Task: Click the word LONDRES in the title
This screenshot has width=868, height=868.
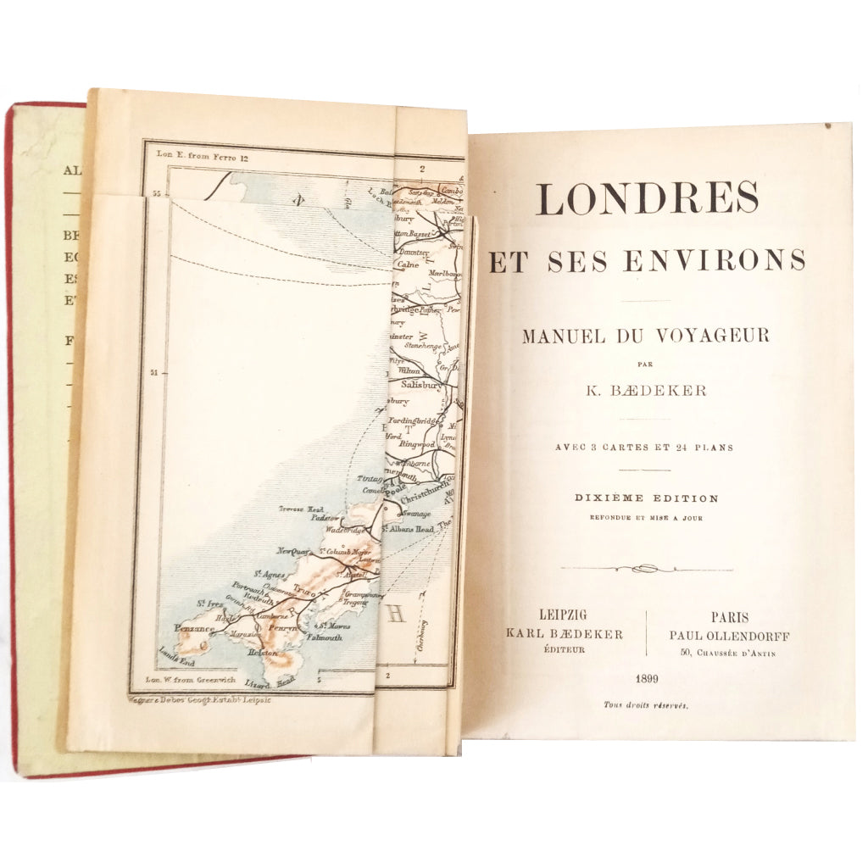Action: tap(647, 198)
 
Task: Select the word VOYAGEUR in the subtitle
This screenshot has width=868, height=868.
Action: tap(723, 336)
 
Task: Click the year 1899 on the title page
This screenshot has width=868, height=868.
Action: tap(646, 679)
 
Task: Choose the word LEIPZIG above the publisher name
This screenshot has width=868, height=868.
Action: tap(563, 616)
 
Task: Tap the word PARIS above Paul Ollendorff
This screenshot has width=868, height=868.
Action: tap(730, 618)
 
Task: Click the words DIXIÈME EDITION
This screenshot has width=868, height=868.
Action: tap(646, 498)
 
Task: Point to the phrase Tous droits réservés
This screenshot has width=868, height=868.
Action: tap(646, 704)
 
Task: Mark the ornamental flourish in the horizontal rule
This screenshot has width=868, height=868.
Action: tap(646, 568)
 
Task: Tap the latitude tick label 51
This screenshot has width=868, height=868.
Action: tap(154, 372)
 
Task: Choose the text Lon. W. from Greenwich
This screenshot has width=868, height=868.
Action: tap(184, 680)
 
